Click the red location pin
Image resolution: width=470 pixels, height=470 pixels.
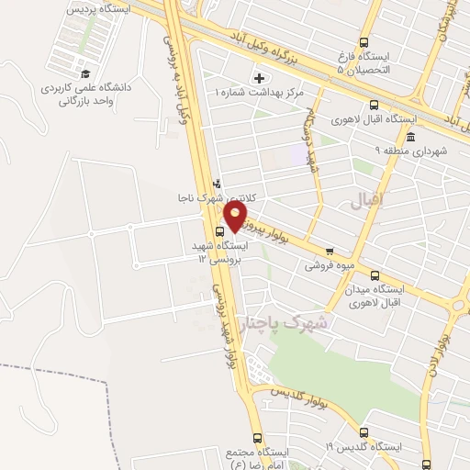(236, 215)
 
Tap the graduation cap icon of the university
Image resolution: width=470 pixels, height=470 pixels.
(84, 73)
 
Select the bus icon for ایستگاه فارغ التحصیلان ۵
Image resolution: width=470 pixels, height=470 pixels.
(364, 42)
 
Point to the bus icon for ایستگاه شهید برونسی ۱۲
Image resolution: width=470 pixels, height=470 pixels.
(219, 232)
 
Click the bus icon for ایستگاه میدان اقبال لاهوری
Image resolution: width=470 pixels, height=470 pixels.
(374, 274)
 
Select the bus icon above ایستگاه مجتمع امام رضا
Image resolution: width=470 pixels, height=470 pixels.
(256, 438)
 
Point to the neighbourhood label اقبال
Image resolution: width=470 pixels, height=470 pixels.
(371, 198)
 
